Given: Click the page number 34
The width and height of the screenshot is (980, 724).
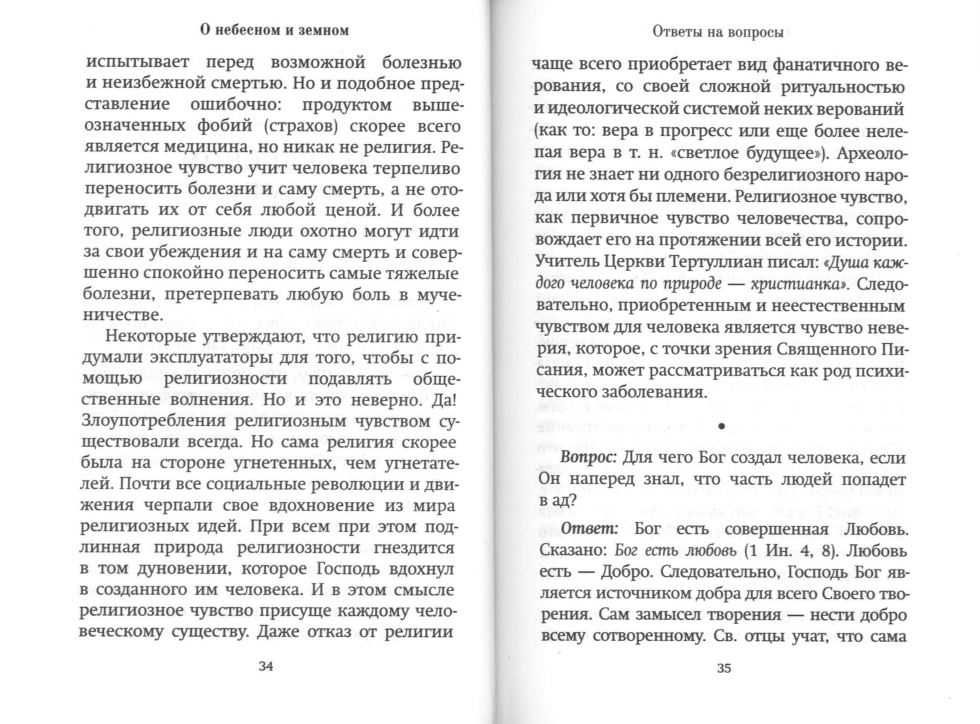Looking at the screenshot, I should [266, 667].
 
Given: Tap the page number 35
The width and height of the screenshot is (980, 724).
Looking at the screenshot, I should [724, 668].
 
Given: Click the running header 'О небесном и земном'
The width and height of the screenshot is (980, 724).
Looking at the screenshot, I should [274, 30].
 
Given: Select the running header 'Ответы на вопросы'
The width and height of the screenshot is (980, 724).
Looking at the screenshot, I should [718, 33].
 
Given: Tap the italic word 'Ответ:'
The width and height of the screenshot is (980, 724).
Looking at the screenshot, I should [589, 529].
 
